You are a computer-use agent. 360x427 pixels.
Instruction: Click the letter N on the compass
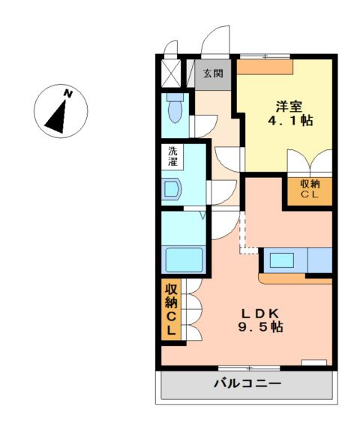pos(68,94)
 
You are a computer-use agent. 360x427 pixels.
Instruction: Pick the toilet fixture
pos(175,110)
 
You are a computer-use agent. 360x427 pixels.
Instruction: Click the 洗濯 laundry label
pos(173,155)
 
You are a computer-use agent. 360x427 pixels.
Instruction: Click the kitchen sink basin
pos(283,260)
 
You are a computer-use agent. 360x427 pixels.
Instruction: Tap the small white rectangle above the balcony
pos(314,363)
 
